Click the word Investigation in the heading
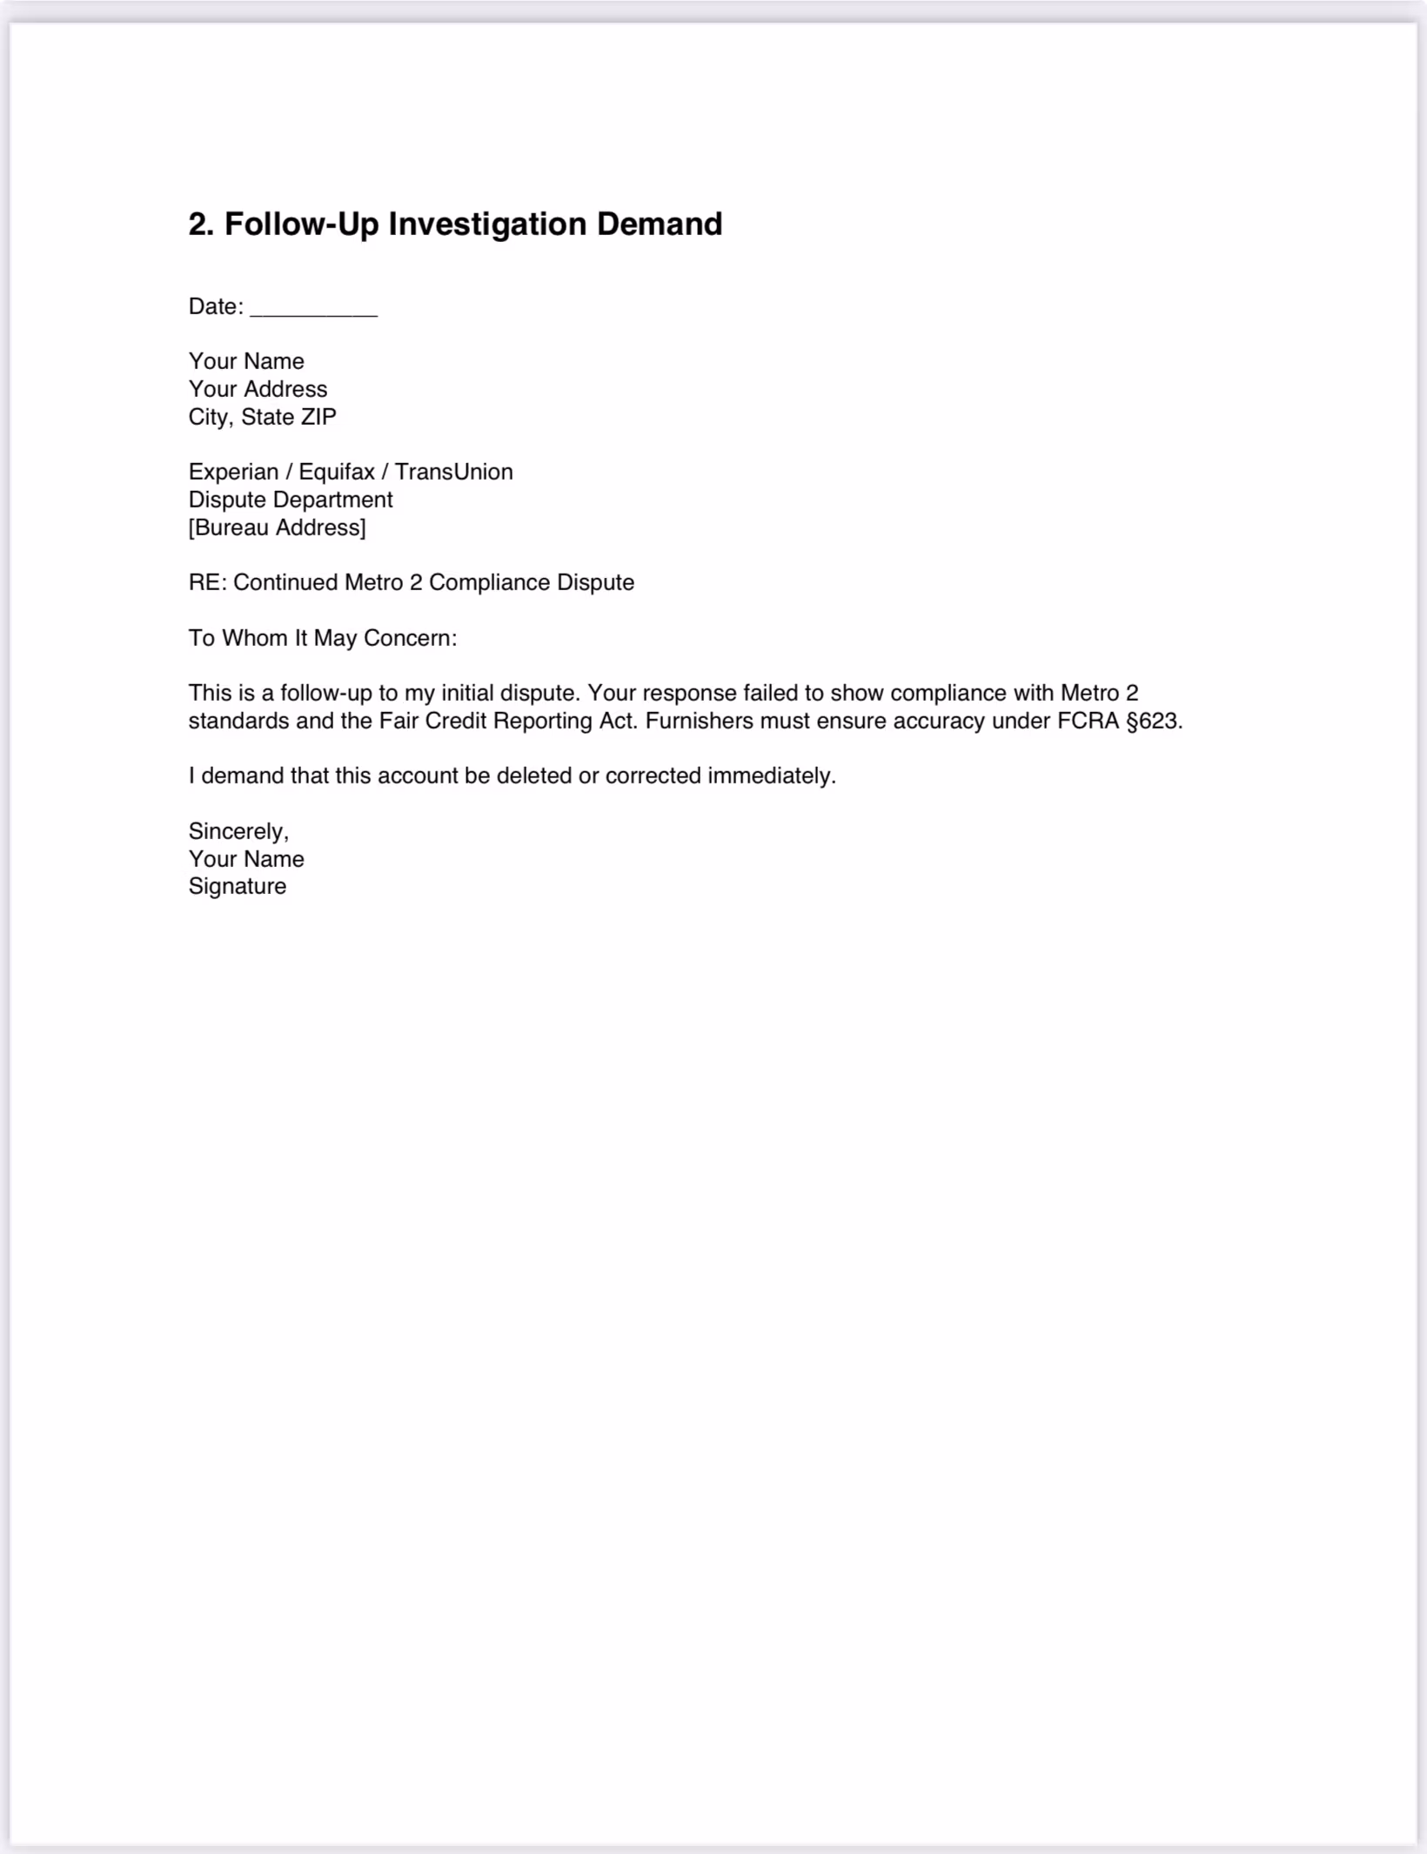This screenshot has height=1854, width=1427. pyautogui.click(x=487, y=225)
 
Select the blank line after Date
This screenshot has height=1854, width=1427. pyautogui.click(x=313, y=308)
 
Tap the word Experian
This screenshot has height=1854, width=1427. pyautogui.click(x=233, y=472)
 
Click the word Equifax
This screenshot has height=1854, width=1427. pyautogui.click(x=336, y=472)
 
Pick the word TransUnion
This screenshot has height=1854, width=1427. pyautogui.click(x=453, y=472)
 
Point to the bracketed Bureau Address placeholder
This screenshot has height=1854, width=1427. pyautogui.click(x=277, y=527)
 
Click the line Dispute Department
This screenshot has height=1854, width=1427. pyautogui.click(x=291, y=500)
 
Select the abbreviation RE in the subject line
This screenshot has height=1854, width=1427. pyautogui.click(x=205, y=582)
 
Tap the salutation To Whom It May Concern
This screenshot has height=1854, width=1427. pyautogui.click(x=322, y=638)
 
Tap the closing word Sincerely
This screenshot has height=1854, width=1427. pyautogui.click(x=238, y=831)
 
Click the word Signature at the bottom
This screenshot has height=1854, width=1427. pyautogui.click(x=237, y=886)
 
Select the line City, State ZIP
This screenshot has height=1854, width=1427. pyautogui.click(x=262, y=417)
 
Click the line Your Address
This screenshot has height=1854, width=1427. pyautogui.click(x=258, y=389)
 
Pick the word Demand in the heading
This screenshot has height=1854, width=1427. pyautogui.click(x=659, y=225)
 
